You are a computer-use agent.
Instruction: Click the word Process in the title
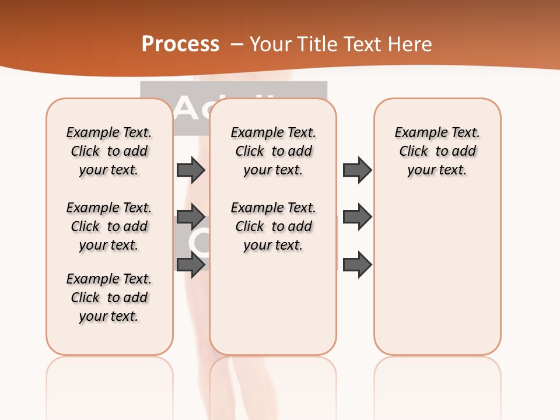180,44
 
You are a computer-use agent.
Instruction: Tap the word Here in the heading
412,44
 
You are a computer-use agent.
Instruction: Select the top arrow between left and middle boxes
191,170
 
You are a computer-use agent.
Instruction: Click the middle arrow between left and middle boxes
191,216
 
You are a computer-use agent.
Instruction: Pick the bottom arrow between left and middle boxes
191,265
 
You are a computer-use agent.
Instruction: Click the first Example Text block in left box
109,151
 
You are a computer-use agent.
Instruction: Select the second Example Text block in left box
109,226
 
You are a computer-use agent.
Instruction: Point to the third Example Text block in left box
109,297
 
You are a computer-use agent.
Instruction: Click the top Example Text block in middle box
273,151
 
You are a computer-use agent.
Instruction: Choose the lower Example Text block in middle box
273,226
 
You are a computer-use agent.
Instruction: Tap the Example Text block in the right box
437,151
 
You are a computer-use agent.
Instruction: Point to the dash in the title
237,44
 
